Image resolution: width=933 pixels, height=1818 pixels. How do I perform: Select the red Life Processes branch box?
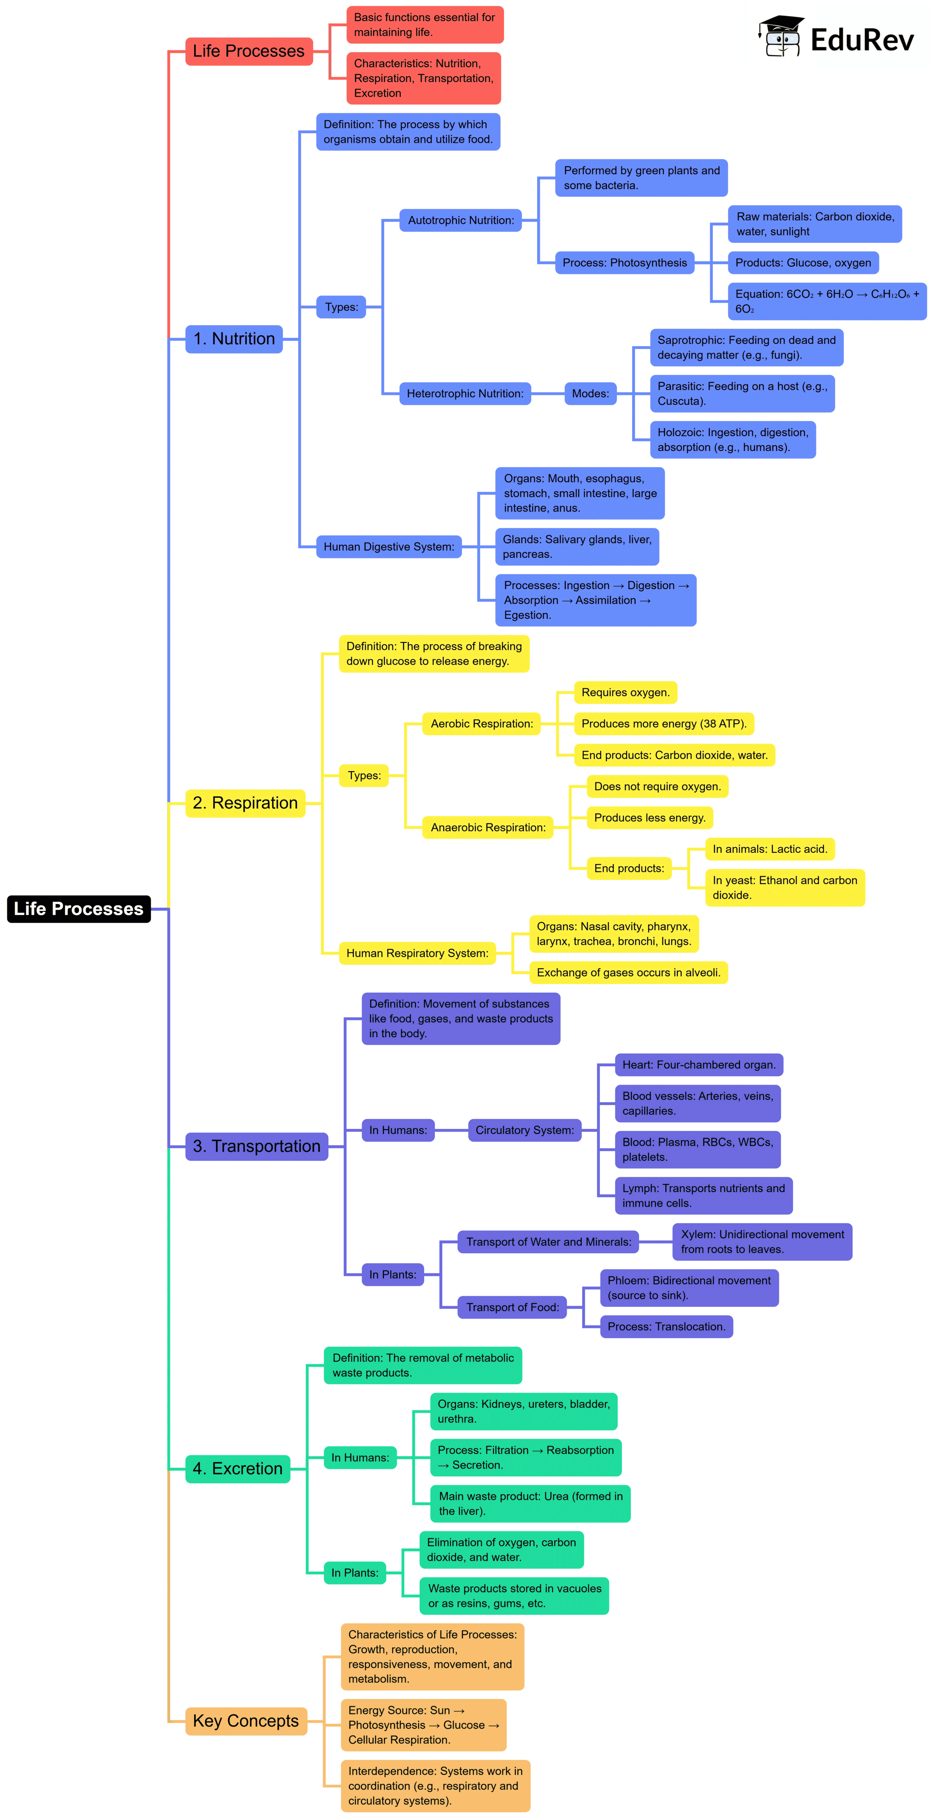[248, 51]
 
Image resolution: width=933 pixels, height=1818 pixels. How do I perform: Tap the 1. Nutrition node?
[234, 339]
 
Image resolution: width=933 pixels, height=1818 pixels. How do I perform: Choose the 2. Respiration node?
[245, 803]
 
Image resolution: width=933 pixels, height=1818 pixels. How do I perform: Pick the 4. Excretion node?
[237, 1469]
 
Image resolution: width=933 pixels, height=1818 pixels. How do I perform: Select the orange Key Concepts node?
[245, 1720]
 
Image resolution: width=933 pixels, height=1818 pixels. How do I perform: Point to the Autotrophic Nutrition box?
[461, 220]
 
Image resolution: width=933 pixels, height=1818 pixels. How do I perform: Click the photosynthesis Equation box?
[827, 302]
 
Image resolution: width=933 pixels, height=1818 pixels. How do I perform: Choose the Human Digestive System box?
[389, 546]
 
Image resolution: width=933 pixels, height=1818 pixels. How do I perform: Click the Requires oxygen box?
[625, 692]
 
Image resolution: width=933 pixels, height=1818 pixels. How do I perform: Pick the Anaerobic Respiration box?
[488, 827]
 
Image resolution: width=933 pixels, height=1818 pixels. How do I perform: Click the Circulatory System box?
[524, 1130]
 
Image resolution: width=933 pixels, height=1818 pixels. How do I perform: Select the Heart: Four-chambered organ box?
[699, 1064]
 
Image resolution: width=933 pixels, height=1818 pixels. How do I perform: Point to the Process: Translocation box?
[666, 1326]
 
